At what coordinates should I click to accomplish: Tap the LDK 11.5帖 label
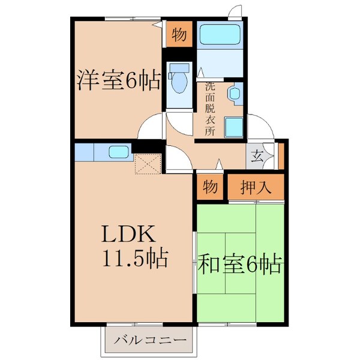coord(133,245)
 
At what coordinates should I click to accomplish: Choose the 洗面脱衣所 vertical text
coord(210,108)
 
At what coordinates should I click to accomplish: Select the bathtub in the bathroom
coord(220,37)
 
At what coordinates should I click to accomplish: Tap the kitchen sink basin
coord(120,152)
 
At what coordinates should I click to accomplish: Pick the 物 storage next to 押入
coord(209,187)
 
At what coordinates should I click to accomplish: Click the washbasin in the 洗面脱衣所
coord(234,94)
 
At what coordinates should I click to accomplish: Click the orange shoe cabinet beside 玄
coord(280,157)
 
